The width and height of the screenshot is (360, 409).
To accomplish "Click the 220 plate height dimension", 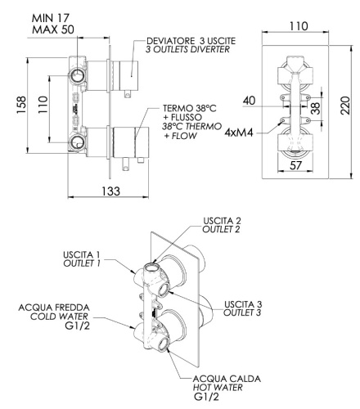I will (347, 106).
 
